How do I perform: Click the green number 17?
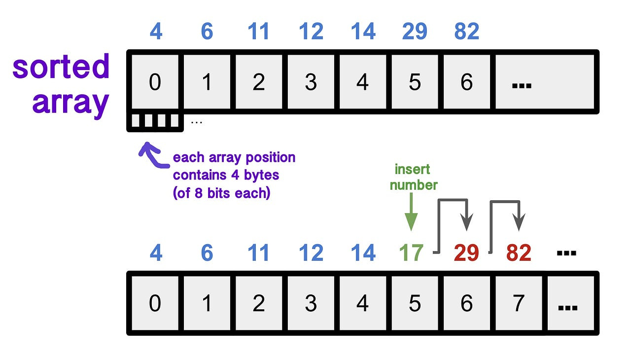411,253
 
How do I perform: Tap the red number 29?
466,253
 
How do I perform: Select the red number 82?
518,253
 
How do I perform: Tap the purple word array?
70,102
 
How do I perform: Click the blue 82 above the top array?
466,32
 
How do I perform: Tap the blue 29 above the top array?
414,32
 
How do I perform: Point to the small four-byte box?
155,121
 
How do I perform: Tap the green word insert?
412,170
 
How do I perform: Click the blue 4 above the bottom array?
155,253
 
